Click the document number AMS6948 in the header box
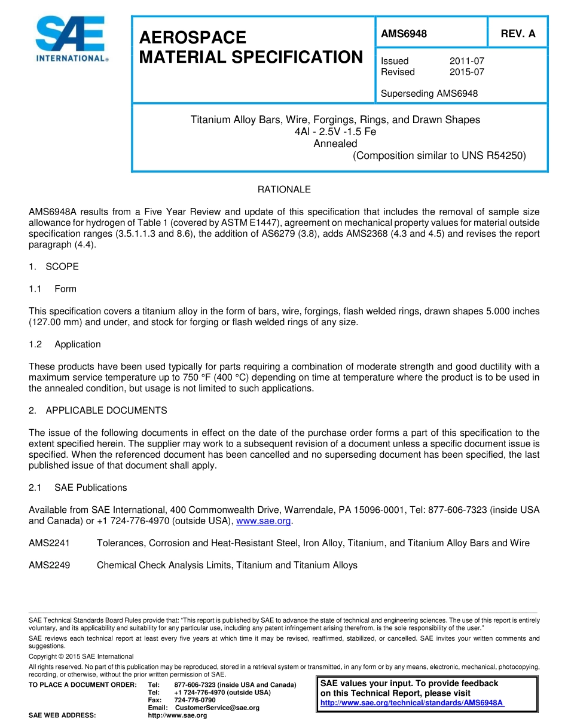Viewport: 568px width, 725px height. (404, 34)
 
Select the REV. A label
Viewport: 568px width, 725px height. (518, 34)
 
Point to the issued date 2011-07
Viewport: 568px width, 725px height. (466, 61)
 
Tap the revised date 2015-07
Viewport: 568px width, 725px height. (466, 72)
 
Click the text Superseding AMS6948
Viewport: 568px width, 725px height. (429, 93)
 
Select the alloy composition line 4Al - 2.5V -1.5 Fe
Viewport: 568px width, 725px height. (335, 131)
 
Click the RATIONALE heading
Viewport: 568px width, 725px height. (284, 189)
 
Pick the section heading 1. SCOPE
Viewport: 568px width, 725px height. (54, 267)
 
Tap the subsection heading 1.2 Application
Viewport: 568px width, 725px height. (65, 344)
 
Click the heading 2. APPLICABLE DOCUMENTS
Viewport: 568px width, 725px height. (98, 411)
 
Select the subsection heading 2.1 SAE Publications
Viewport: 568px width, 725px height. (78, 488)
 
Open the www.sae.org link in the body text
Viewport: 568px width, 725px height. (264, 521)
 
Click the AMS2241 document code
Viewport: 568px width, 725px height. (50, 543)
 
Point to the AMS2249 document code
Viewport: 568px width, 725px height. (50, 565)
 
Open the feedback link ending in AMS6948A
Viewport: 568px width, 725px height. (412, 703)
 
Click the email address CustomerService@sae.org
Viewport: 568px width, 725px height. (217, 708)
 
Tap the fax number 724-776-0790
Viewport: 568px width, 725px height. (195, 700)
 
